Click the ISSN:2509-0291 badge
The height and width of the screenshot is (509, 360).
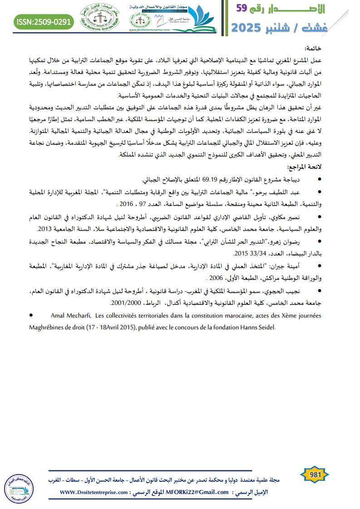44,21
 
